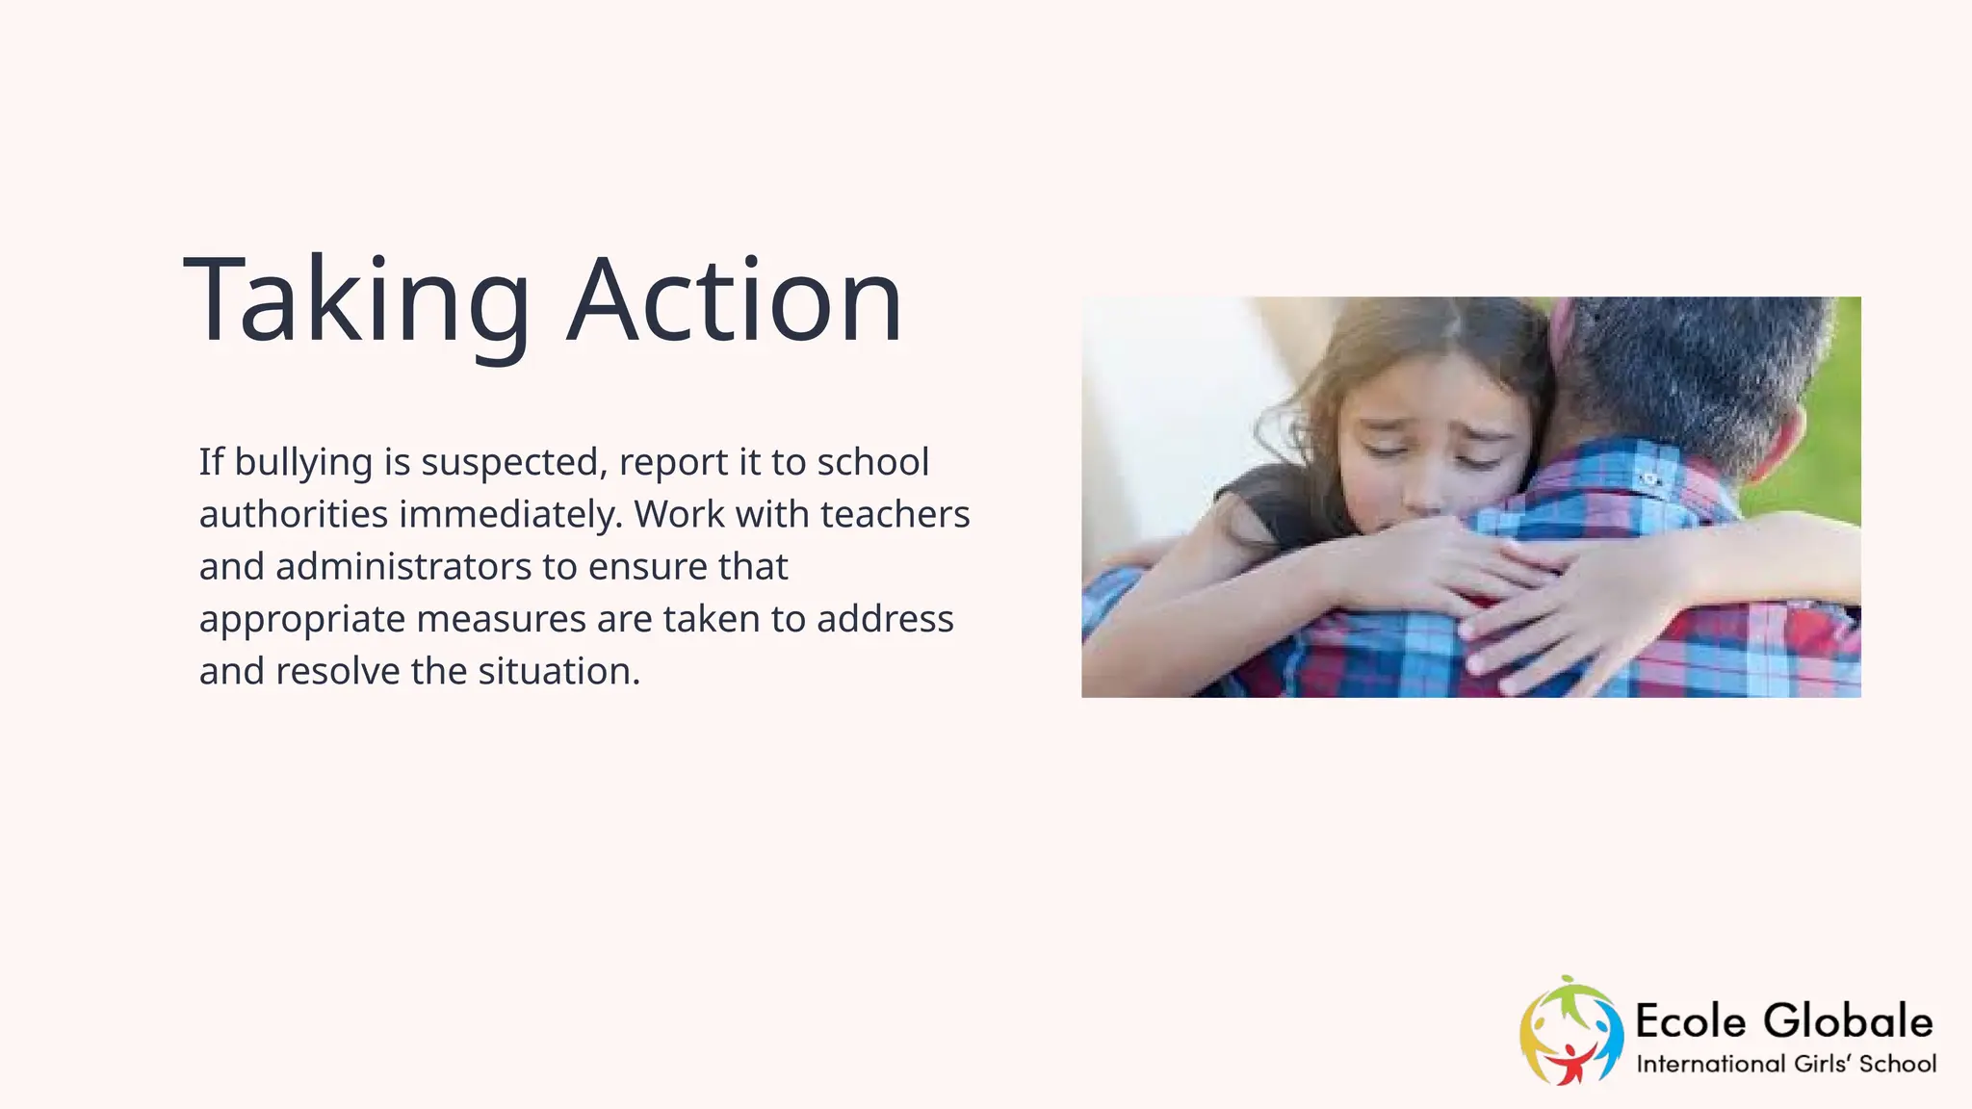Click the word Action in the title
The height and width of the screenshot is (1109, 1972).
[734, 300]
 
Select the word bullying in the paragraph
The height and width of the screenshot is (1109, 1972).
[303, 463]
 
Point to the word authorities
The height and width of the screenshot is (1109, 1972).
[294, 515]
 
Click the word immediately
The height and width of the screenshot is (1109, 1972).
[511, 515]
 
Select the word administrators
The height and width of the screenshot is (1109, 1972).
[403, 567]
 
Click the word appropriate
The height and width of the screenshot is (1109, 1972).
[301, 619]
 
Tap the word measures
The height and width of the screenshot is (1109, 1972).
[501, 619]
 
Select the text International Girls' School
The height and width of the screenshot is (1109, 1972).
[1786, 1064]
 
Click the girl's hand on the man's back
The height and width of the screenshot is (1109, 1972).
[1579, 616]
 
